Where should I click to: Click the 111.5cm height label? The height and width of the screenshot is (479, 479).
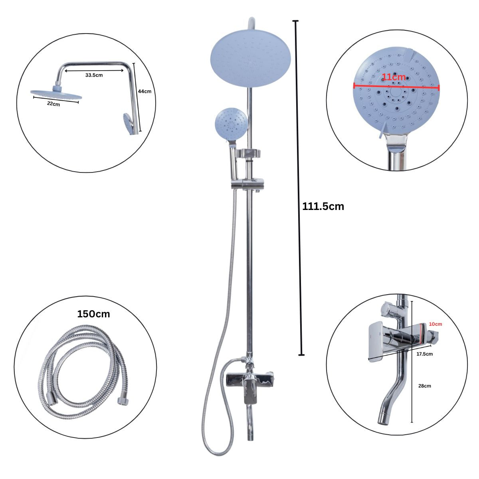pyautogui.click(x=323, y=206)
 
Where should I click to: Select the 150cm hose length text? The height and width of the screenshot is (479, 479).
pyautogui.click(x=93, y=314)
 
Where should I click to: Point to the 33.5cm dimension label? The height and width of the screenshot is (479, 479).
pyautogui.click(x=94, y=75)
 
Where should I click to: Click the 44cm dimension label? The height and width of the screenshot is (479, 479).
pyautogui.click(x=144, y=91)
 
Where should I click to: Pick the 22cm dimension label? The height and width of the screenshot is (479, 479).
pyautogui.click(x=53, y=104)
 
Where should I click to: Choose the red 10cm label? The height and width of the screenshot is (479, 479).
pyautogui.click(x=435, y=324)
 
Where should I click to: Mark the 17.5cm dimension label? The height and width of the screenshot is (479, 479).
pyautogui.click(x=424, y=354)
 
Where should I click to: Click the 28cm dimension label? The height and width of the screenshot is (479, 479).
pyautogui.click(x=425, y=386)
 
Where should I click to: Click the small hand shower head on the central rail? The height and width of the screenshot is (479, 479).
pyautogui.click(x=231, y=124)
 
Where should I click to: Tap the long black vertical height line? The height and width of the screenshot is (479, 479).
pyautogui.click(x=298, y=188)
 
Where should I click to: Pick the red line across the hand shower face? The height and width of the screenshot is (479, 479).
pyautogui.click(x=396, y=86)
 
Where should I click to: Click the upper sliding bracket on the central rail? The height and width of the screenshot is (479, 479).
pyautogui.click(x=248, y=153)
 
